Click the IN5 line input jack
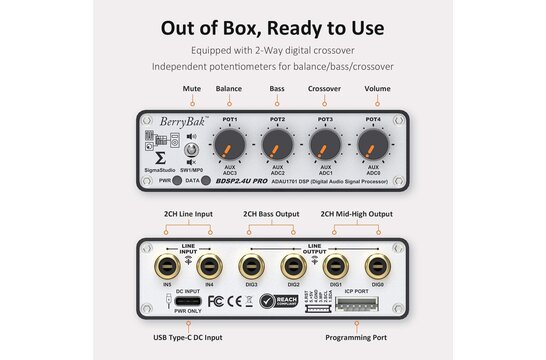click(x=167, y=267)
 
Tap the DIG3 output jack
click(x=250, y=267)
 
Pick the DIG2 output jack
click(x=292, y=267)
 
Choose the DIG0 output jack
click(x=376, y=267)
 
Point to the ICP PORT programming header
click(x=363, y=300)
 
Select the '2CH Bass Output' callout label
click(x=272, y=213)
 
